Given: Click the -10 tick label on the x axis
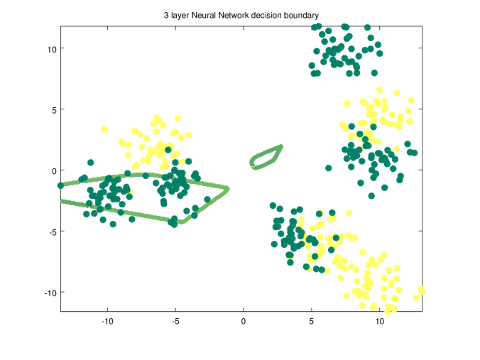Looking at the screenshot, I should (107, 321).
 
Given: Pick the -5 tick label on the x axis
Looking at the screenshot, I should (175, 321).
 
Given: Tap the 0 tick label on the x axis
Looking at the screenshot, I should (244, 321).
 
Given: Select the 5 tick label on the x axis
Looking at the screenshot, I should (311, 321).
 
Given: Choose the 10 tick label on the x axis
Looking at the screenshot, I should (379, 321).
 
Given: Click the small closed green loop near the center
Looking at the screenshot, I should (266, 158).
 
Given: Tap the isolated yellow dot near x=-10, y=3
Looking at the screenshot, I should (104, 130).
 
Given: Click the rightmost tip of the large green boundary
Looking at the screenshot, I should (227, 188).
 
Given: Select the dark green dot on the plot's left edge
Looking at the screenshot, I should (61, 185).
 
